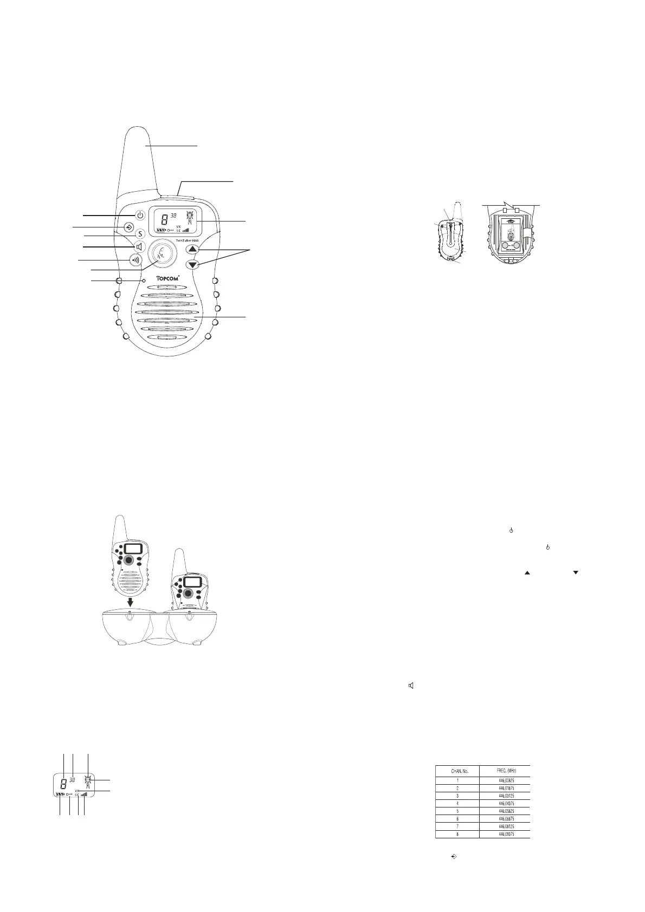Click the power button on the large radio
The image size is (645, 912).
coord(140,215)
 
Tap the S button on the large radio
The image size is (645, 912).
coord(140,234)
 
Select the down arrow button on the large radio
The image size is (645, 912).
coord(192,265)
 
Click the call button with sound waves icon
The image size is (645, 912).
coord(135,259)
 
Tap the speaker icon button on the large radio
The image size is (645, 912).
coord(139,247)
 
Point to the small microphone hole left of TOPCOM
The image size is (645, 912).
coord(144,281)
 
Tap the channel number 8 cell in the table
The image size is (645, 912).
coord(457,834)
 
